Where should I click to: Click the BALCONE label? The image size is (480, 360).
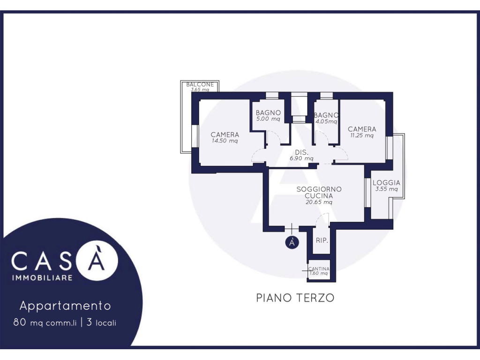click(x=200, y=84)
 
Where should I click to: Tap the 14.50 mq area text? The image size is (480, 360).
click(x=225, y=141)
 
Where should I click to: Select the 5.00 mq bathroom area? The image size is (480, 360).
click(x=268, y=119)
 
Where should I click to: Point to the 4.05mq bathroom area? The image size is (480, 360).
click(x=326, y=121)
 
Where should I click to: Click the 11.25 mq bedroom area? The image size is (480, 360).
click(x=362, y=135)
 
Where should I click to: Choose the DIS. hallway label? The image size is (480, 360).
click(x=301, y=152)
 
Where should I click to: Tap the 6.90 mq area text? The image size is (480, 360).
click(x=301, y=158)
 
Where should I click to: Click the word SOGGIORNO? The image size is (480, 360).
click(x=319, y=189)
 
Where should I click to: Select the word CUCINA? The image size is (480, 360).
click(x=319, y=195)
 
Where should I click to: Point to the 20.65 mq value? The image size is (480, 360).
click(x=319, y=202)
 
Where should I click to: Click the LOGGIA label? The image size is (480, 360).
click(x=386, y=183)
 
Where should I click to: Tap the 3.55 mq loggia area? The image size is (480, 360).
click(x=386, y=189)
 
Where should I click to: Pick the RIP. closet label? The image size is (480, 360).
click(x=322, y=240)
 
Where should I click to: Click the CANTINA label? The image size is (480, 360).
click(x=319, y=269)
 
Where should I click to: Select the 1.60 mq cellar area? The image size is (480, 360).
click(x=319, y=273)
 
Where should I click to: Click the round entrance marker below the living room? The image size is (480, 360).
click(x=292, y=242)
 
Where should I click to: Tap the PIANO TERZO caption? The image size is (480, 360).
click(x=295, y=298)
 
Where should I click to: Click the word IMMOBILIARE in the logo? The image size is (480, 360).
click(x=42, y=277)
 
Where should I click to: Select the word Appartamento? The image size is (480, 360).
click(x=65, y=306)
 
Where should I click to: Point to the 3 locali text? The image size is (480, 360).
click(x=101, y=322)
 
